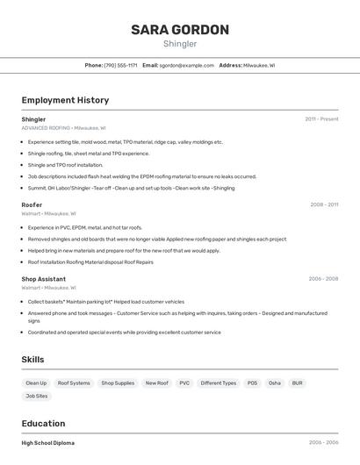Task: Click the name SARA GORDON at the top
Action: point(180,30)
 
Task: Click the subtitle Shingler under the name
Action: point(180,44)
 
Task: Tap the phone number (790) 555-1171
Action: point(120,65)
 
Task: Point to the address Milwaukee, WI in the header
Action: point(259,65)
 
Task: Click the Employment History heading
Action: point(65,100)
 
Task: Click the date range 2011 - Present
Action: point(321,119)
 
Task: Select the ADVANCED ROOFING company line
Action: point(63,128)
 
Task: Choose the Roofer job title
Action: point(32,204)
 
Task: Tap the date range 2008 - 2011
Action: point(324,204)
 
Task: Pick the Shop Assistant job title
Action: point(43,279)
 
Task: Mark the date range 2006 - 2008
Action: point(323,279)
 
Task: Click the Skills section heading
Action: point(33,359)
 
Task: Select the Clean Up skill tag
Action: point(36,383)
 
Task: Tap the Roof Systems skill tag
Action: point(74,383)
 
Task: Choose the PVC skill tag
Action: point(184,383)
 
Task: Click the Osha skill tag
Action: point(275,383)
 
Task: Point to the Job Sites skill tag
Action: point(37,397)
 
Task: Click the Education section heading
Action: point(43,424)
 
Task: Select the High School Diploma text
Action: point(47,443)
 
